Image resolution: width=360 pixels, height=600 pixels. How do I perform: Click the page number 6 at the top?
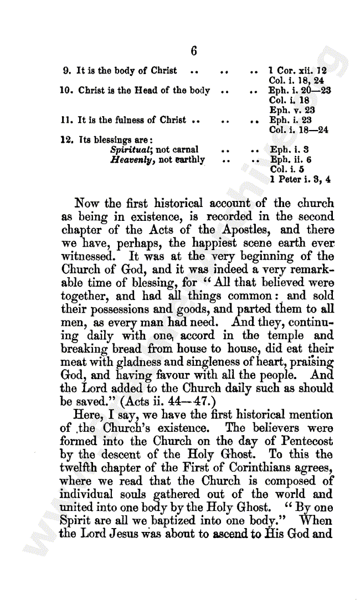pos(194,51)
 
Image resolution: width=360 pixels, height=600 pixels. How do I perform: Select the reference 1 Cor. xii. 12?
pos(297,71)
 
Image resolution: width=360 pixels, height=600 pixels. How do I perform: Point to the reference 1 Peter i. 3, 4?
pos(301,179)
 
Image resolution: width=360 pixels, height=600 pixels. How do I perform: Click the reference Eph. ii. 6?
pos(290,160)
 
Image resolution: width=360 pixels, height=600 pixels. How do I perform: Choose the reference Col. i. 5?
pos(284,169)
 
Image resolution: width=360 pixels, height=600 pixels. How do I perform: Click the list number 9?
pos(66,71)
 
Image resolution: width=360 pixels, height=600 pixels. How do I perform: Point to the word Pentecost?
pos(302,441)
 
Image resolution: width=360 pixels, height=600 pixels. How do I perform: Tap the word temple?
pos(284,335)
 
